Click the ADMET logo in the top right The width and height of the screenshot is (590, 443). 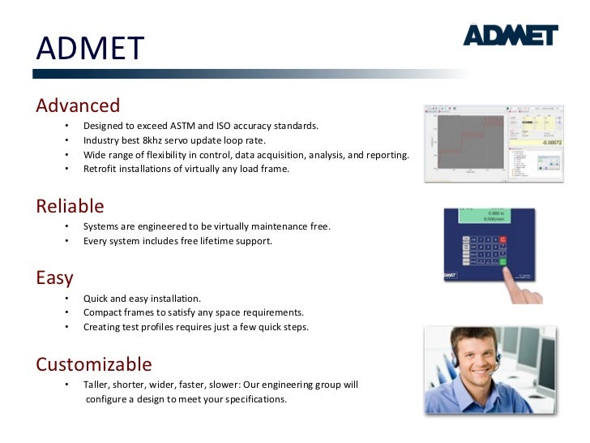[x=510, y=35]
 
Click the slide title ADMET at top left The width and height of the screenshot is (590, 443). [x=89, y=49]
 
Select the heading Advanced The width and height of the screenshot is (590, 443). [x=78, y=105]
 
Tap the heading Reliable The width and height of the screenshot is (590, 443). [x=70, y=206]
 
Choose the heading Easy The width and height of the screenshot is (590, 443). [x=54, y=277]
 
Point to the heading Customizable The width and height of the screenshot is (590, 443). [x=93, y=363]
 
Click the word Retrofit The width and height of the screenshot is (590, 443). [x=101, y=170]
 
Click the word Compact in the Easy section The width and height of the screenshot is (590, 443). [x=104, y=312]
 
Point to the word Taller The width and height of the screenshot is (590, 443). [x=97, y=385]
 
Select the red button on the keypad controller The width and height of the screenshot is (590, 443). [x=502, y=240]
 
